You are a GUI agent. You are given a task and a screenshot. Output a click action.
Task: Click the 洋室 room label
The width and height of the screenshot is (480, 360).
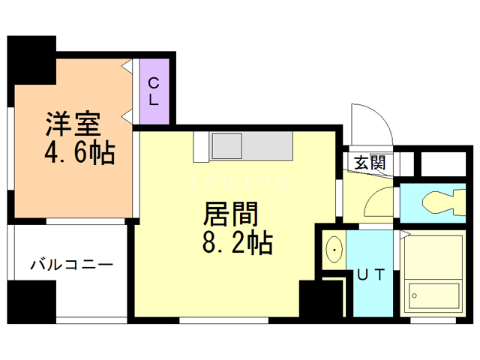(x=73, y=124)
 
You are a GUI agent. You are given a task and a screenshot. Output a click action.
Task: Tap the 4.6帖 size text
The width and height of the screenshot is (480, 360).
(x=80, y=152)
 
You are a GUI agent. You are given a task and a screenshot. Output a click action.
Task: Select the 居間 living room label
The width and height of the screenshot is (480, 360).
(x=231, y=214)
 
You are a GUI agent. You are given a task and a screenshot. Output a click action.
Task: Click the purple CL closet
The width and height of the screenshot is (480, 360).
(x=154, y=91)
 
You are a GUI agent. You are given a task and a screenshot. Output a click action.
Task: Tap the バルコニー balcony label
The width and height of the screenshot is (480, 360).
(x=72, y=265)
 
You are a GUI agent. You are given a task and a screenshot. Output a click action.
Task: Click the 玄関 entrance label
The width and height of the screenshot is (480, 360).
(x=370, y=162)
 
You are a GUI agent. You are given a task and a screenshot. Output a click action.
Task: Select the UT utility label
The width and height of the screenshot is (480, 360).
(x=370, y=274)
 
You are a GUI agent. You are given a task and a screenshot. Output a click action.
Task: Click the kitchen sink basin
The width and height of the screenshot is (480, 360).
(x=227, y=146)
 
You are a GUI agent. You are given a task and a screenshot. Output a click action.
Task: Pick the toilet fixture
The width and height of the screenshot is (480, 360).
(x=444, y=202)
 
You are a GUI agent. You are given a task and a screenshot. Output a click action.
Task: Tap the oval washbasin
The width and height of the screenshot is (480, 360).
(x=334, y=250)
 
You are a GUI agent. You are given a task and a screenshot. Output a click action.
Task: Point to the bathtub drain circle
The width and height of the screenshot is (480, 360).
(x=415, y=296)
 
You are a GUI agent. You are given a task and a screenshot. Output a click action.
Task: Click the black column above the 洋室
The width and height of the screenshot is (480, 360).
(x=31, y=60)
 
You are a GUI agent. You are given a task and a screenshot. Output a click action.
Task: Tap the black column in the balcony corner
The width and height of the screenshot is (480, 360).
(x=31, y=302)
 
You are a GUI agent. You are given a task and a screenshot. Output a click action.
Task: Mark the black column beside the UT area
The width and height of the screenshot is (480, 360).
(x=322, y=298)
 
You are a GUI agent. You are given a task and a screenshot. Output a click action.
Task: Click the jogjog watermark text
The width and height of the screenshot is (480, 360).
(x=239, y=180)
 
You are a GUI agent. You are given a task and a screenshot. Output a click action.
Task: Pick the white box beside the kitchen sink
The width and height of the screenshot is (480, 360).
(x=201, y=147)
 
